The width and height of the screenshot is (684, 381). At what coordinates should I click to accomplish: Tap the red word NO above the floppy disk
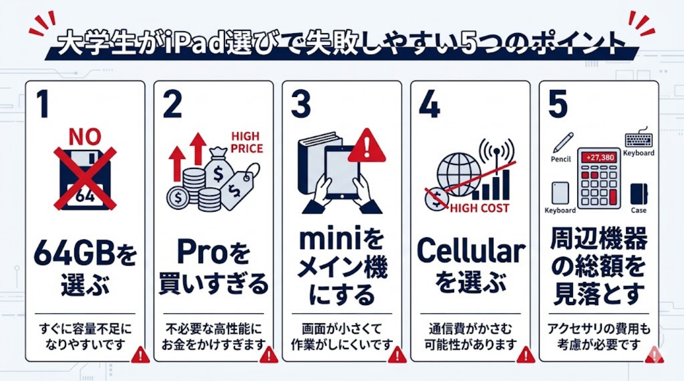[84, 137]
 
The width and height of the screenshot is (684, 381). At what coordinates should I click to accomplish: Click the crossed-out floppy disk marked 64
[85, 179]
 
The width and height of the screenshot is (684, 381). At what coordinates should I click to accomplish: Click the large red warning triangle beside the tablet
[367, 147]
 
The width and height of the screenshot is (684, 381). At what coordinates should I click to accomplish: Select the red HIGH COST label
[479, 208]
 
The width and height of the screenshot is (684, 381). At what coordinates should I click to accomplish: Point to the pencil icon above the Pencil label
[563, 142]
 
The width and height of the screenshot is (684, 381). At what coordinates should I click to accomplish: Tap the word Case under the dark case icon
[638, 210]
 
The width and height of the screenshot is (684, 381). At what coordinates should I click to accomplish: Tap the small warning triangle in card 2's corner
[268, 354]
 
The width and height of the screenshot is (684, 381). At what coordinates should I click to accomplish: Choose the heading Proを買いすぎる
[214, 269]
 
